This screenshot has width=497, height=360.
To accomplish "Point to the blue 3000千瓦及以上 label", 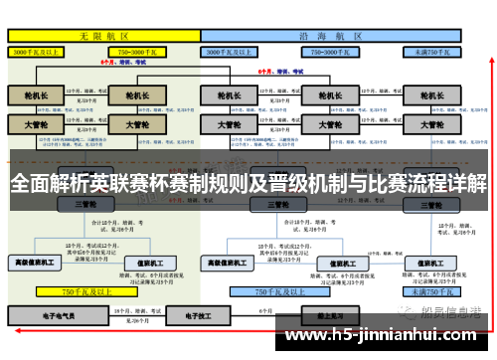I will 239,50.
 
